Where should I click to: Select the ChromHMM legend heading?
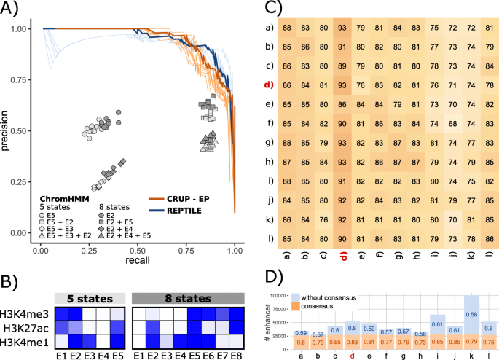(59, 197)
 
